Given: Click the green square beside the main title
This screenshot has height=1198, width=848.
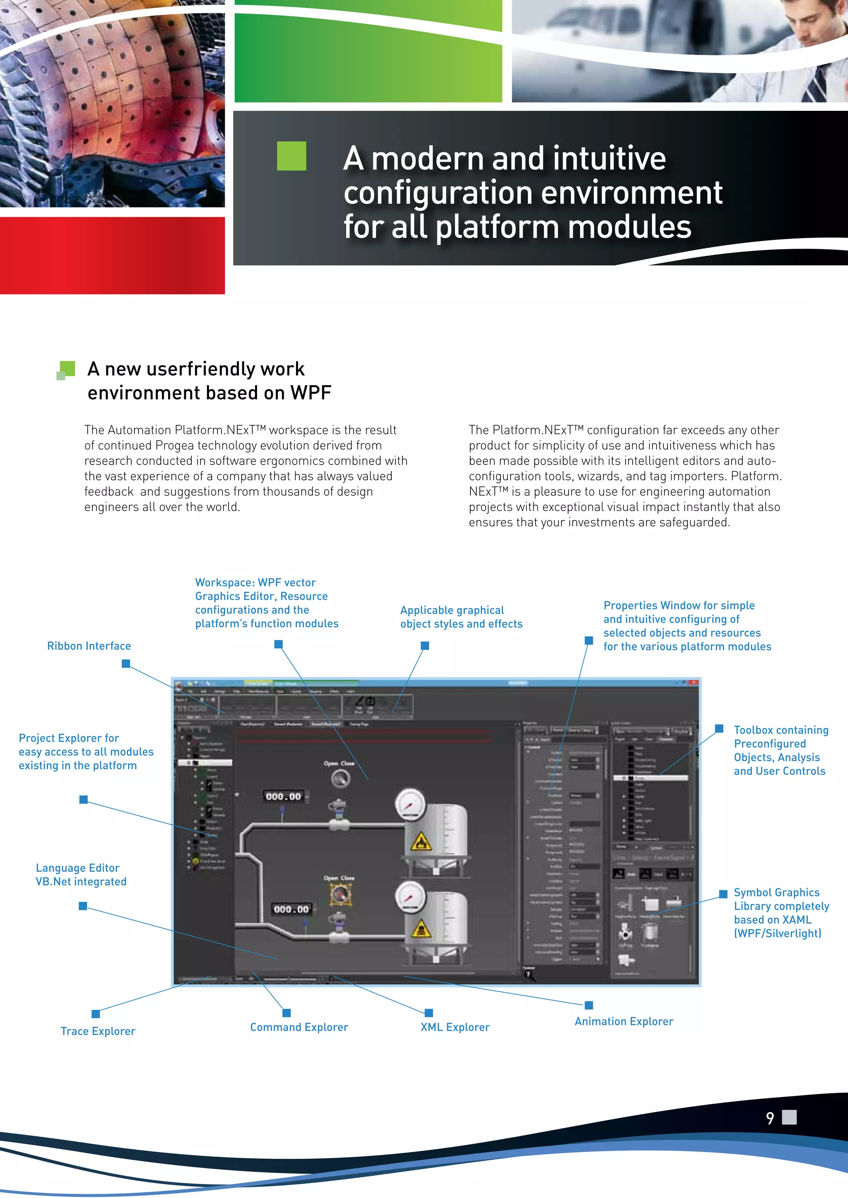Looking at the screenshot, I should [291, 156].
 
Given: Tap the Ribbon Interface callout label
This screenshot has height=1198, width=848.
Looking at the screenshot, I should [89, 646].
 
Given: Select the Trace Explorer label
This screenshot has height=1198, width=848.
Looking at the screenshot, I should [98, 1031].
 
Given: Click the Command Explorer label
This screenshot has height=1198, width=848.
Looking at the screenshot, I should [299, 1027].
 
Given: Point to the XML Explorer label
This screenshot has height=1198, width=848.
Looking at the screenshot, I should [455, 1027].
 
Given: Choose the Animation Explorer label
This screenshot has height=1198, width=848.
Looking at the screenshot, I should [624, 1021].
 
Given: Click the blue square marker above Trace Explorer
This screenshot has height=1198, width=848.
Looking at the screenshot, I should [96, 1014].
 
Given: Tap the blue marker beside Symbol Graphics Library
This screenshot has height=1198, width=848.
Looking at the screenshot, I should [723, 894].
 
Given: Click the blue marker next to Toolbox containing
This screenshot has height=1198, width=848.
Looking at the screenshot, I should [719, 728].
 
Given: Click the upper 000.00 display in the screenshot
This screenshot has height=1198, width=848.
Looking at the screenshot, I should [284, 797].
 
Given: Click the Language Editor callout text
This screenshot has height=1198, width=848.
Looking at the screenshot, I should [81, 875].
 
